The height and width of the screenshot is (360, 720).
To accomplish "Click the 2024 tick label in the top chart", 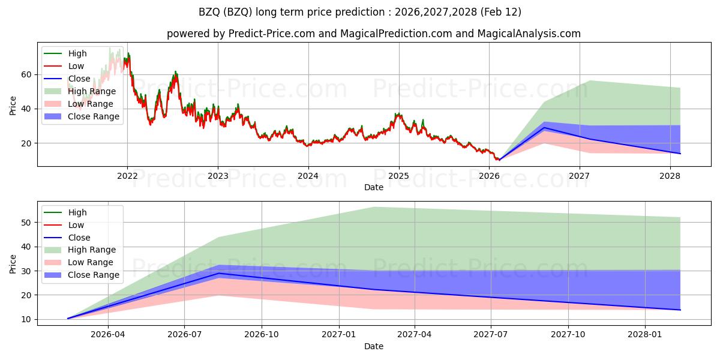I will point(308,176).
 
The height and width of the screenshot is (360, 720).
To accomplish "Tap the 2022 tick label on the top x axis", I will point(127,176).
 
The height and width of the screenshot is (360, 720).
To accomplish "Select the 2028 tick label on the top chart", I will point(670,176).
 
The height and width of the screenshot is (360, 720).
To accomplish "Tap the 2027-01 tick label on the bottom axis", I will point(340,335).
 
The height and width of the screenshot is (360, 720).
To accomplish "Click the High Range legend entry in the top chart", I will point(92,91).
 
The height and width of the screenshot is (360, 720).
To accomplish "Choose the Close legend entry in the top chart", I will point(79,79).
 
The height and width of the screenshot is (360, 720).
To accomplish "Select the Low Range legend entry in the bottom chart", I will point(91,262).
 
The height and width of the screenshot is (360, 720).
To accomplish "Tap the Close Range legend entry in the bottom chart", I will point(94,275).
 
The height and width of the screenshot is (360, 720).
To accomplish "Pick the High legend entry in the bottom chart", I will point(77,212).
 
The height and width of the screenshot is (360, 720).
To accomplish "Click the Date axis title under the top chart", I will point(373,187).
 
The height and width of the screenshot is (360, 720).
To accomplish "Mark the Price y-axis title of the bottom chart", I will point(13,263).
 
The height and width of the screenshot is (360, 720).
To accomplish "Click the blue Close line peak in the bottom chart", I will point(219,274).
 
